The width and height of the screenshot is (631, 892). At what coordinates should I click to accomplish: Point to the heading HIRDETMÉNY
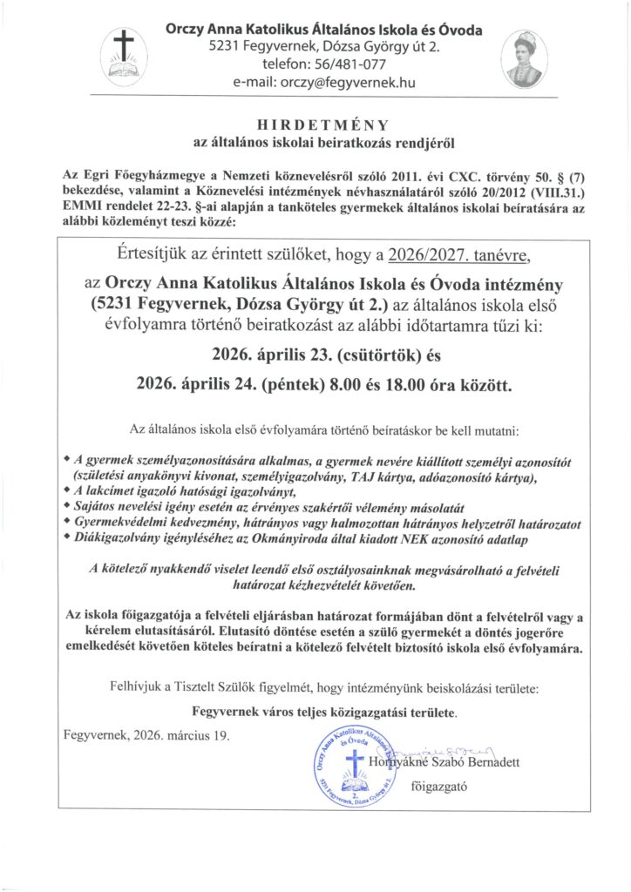[x=317, y=124]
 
